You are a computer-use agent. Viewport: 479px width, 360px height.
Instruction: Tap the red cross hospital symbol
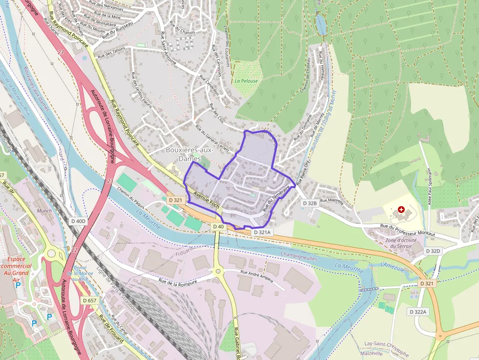click(x=401, y=209)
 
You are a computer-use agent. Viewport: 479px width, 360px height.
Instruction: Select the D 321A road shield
click(x=262, y=233)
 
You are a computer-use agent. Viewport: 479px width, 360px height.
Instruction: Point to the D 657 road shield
click(x=89, y=300)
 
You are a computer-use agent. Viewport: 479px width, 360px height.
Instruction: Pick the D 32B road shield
click(x=310, y=203)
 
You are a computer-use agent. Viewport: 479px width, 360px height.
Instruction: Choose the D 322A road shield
click(x=418, y=312)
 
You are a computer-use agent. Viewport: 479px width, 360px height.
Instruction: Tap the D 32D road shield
click(x=433, y=251)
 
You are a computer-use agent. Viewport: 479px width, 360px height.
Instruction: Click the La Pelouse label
click(x=246, y=81)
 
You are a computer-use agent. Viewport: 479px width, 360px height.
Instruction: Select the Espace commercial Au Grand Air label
click(x=17, y=266)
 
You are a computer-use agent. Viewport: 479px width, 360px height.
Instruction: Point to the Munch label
click(x=44, y=211)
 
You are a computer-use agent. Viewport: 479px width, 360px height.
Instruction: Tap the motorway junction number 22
click(x=74, y=250)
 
